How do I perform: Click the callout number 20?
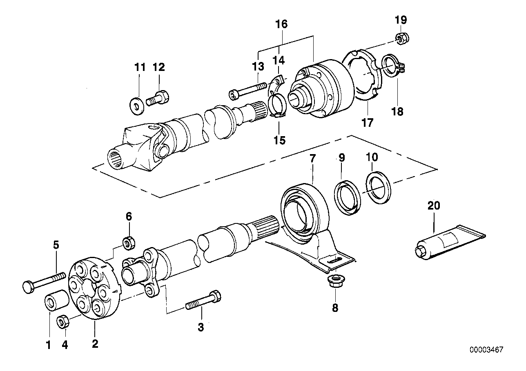click(434, 205)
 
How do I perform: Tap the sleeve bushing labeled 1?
click(57, 301)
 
